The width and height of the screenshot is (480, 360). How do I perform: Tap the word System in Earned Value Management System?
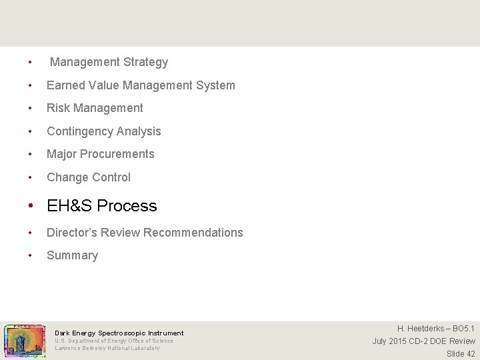215,85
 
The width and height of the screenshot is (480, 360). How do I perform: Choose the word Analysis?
140,131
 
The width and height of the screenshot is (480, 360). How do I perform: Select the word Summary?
72,255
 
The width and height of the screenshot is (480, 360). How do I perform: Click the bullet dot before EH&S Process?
31,207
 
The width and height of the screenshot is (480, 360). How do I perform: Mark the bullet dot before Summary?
31,256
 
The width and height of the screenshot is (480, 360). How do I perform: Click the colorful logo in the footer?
25,341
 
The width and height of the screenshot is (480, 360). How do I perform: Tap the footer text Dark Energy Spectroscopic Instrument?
119,333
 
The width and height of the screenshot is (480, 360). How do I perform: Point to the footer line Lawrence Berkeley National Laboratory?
107,348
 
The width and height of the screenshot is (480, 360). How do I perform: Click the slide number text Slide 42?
461,353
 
